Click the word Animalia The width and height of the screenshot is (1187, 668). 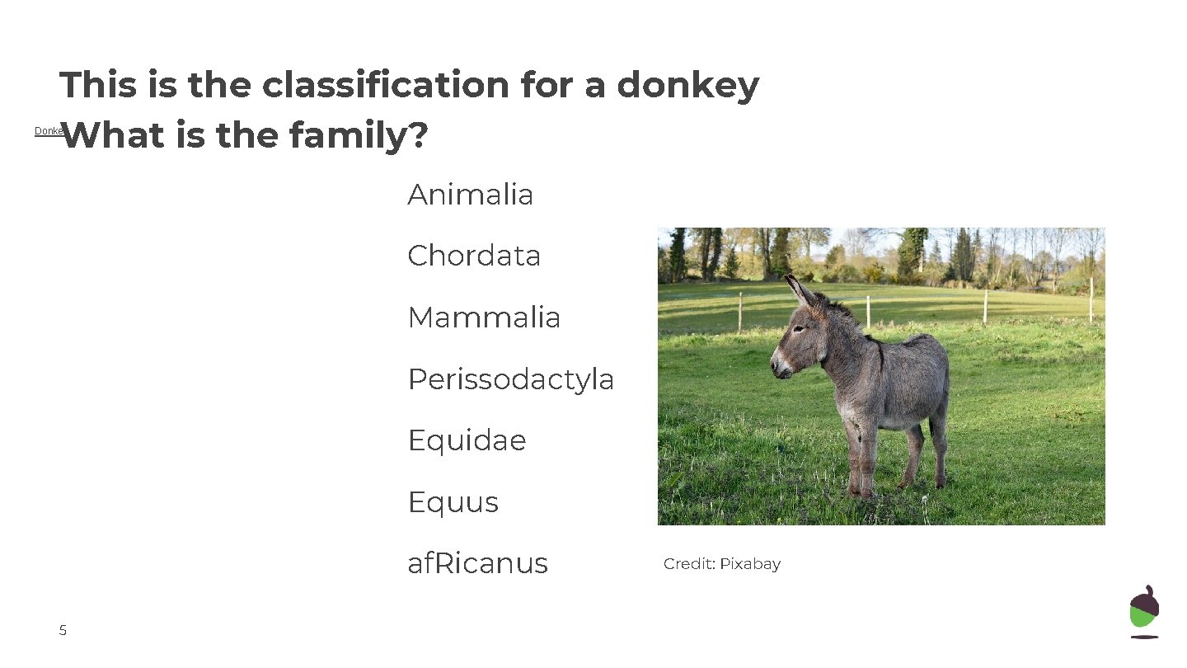pos(470,195)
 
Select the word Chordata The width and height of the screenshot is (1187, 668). pos(474,256)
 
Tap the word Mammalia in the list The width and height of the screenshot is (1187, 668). pos(484,318)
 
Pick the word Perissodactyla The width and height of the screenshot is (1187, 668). pos(510,379)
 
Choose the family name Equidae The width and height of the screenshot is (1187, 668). pos(467,440)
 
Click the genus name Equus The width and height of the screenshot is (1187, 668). pos(453,502)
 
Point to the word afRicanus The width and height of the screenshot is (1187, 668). pos(477,563)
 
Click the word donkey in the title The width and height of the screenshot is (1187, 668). pos(687,85)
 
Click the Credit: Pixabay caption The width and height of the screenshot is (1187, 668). pos(721,564)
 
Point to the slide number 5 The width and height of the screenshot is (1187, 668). pos(63,631)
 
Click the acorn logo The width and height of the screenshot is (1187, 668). pos(1143,611)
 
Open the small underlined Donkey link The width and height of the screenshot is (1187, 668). pos(48,131)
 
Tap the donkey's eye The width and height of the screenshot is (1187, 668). pos(798,329)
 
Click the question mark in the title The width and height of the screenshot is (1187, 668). pos(418,136)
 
